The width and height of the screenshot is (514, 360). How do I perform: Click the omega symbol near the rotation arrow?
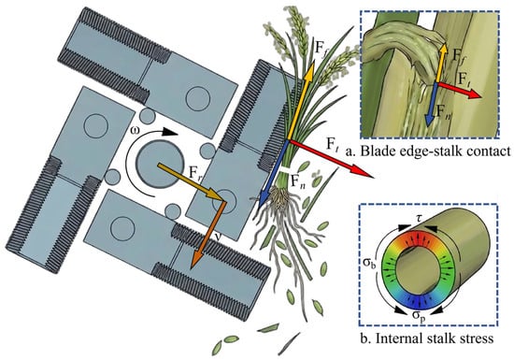pos(136,131)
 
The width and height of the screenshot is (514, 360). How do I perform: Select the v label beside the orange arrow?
pos(215,236)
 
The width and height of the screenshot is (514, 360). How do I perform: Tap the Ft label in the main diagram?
pos(332,144)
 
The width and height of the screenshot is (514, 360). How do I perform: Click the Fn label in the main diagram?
pos(298,181)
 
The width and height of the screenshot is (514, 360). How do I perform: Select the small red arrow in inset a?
pos(460,90)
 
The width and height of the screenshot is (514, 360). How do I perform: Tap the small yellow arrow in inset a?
pos(440,63)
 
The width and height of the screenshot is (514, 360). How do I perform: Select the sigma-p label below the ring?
pos(419,315)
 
